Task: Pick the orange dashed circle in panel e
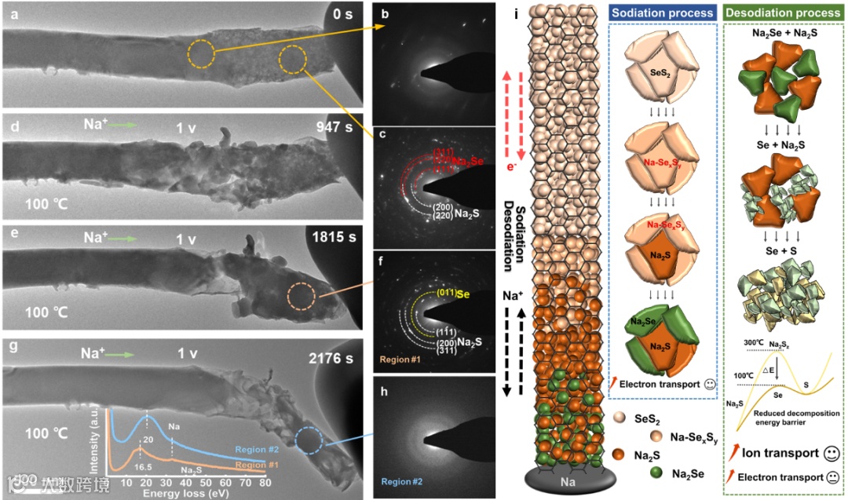302,297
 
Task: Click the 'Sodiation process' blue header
663,13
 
